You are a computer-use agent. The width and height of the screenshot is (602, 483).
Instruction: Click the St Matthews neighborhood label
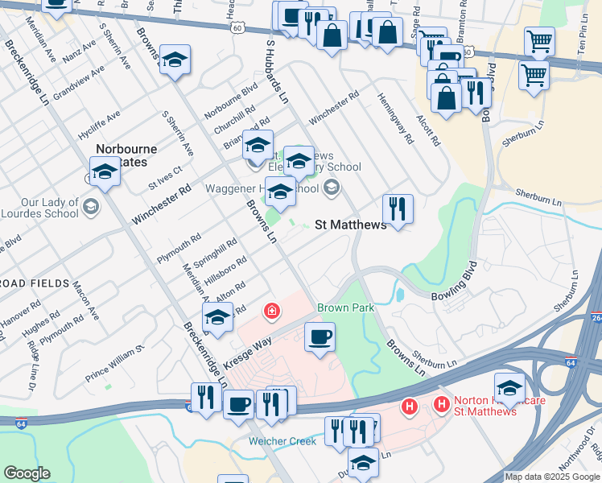(x=350, y=225)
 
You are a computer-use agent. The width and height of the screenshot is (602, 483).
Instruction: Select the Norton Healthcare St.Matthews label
(x=474, y=407)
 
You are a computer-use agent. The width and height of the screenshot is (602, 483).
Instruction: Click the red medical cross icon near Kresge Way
(x=272, y=310)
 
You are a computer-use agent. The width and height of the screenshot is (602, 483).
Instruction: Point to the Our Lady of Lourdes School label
(x=39, y=208)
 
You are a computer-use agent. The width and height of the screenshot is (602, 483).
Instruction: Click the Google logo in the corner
(x=27, y=473)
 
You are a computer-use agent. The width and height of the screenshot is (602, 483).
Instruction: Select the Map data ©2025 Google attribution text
(x=552, y=477)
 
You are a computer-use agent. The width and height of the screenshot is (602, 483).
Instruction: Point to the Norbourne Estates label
(x=127, y=155)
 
